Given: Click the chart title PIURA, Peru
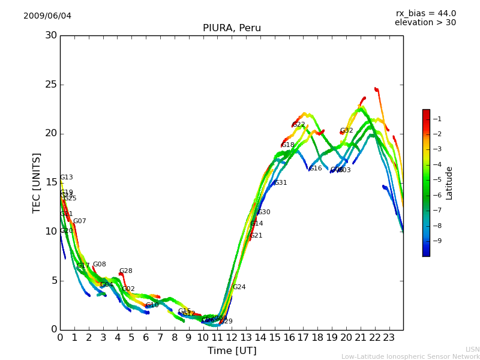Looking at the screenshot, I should pos(232,28).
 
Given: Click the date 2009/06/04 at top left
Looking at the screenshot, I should pos(47,16).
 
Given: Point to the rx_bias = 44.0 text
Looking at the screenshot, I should pos(425,14).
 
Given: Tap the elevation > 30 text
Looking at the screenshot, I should pos(425,23).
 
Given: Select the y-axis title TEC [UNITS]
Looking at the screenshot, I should pos(37,182).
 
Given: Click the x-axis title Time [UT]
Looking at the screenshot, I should pos(232,351).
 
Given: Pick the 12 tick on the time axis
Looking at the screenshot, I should pos(232,337).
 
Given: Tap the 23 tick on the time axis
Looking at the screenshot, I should pos(389,337).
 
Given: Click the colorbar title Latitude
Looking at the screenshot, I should pos(449,183).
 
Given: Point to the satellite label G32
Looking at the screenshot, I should pos(347,131).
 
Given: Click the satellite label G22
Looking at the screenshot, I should pos(299,125).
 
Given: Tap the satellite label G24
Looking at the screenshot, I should pos(239,287).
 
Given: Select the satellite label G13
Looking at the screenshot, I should pos(67,178).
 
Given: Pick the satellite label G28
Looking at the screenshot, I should pos(126,271).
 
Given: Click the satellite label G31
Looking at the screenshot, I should pos(281,183).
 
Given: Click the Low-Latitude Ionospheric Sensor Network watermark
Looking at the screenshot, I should pos(410,356).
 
